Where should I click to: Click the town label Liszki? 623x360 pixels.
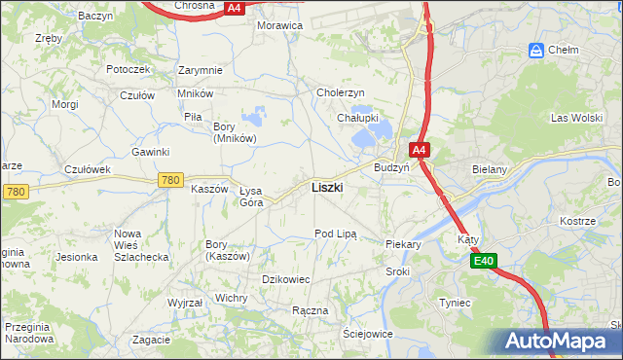(x=326, y=187)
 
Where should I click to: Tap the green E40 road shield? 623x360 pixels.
(x=485, y=261)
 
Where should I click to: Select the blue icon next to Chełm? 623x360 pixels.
(x=535, y=50)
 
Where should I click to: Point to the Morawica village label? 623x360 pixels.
(x=279, y=25)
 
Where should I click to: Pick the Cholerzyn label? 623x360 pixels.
(x=341, y=92)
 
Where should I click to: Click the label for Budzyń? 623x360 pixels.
(x=391, y=166)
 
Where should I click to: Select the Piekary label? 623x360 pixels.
(x=403, y=245)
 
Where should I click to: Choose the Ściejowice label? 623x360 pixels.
(x=367, y=333)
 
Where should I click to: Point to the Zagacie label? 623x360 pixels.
(x=152, y=340)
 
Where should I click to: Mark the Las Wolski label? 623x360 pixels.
(x=571, y=118)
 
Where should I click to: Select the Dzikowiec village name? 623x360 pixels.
(x=286, y=279)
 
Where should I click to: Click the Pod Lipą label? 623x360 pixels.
(x=336, y=234)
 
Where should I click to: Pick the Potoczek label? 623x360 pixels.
(x=128, y=69)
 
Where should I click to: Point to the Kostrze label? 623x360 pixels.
(x=577, y=221)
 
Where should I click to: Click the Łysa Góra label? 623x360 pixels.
(x=251, y=197)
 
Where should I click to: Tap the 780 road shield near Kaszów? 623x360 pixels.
(x=171, y=180)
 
